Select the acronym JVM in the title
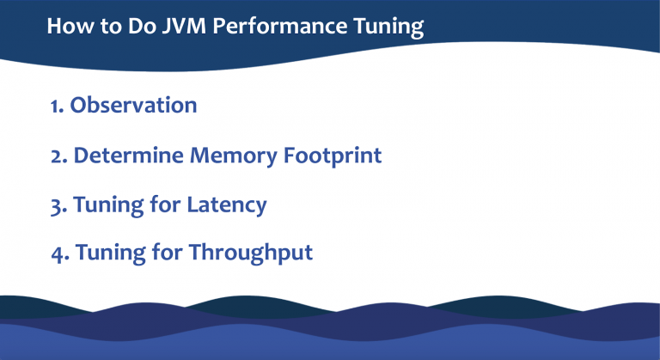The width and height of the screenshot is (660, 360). click(183, 26)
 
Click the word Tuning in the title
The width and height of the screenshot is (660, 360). click(388, 27)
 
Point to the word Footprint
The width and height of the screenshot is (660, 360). click(336, 156)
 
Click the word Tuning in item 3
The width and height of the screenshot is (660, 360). click(108, 206)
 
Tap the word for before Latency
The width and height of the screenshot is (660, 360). click(166, 205)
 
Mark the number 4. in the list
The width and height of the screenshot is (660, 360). click(59, 253)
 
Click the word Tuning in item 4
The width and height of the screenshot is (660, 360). click(110, 254)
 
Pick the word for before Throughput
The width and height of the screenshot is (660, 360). click(168, 253)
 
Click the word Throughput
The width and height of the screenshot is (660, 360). click(250, 254)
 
